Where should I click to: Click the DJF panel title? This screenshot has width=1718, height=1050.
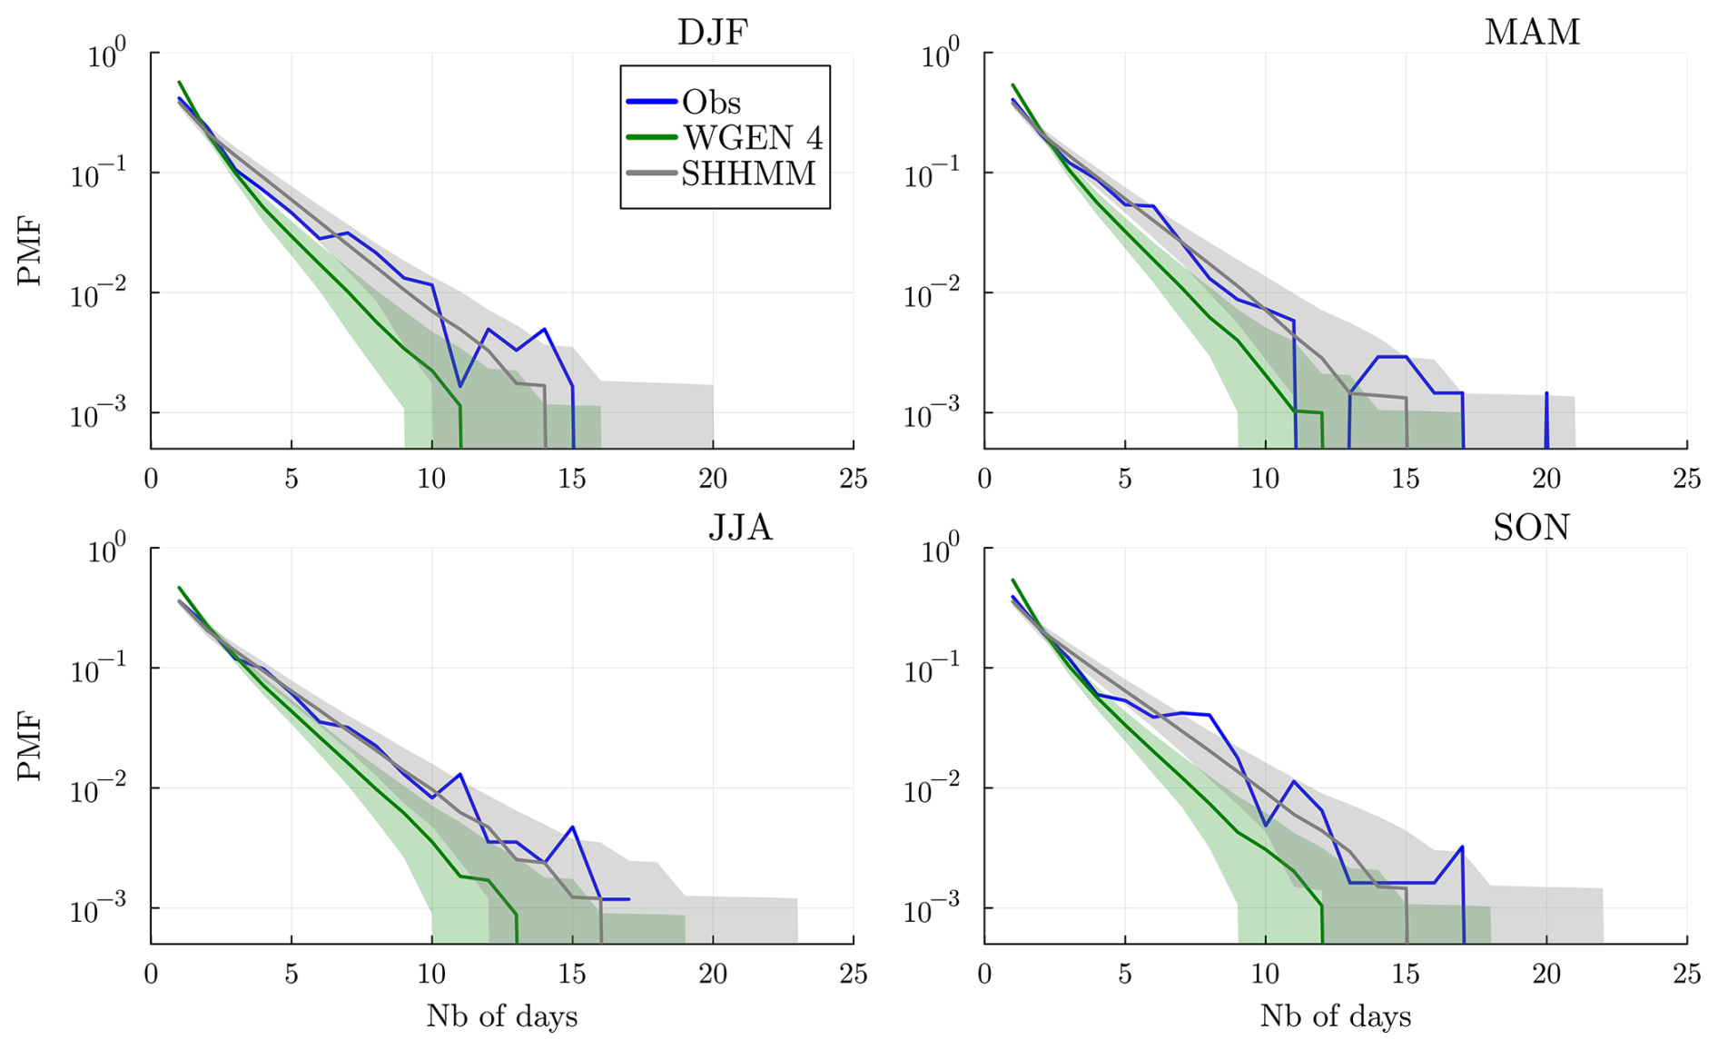click(x=713, y=33)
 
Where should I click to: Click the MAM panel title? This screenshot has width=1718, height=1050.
click(x=1532, y=33)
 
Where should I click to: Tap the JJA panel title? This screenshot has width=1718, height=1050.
click(x=740, y=528)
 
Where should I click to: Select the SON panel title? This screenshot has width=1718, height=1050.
click(x=1531, y=528)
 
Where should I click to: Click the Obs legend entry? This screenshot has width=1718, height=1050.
click(x=711, y=102)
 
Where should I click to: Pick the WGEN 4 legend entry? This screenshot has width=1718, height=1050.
click(x=753, y=137)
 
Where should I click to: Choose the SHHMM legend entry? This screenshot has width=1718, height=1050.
click(x=748, y=173)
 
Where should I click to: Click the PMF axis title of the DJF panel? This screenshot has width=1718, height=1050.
click(x=30, y=251)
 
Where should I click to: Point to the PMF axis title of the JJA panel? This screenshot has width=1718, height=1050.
click(x=30, y=747)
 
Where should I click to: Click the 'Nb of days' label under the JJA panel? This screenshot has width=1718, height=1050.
click(x=502, y=1016)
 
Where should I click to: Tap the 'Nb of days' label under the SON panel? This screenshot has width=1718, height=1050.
click(x=1336, y=1016)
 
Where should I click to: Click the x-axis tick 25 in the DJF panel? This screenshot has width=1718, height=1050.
click(x=853, y=479)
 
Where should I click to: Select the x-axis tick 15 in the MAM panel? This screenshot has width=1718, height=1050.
click(x=1406, y=479)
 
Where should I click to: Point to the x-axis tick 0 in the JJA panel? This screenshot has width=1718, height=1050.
click(x=151, y=975)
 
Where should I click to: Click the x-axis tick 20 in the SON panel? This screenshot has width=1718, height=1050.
click(x=1546, y=975)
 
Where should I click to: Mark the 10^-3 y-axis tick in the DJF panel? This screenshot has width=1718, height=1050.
click(x=99, y=416)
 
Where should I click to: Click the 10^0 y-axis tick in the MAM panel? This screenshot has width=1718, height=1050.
click(x=941, y=54)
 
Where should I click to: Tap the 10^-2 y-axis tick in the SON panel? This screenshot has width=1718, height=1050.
click(x=933, y=791)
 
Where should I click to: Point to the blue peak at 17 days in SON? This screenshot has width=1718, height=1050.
click(x=1462, y=847)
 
